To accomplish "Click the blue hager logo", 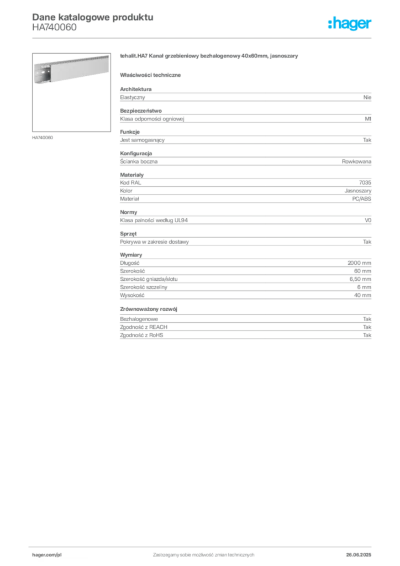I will point(351,24).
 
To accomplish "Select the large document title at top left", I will point(92,17).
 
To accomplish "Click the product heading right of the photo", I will point(210,56).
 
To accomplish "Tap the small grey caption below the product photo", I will point(44,137).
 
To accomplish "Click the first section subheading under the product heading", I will point(152,75).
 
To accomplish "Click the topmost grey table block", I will point(245,97).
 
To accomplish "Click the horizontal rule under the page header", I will point(203,38).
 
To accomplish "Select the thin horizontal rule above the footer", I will point(203,545).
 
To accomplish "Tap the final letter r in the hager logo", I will point(371,25).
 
